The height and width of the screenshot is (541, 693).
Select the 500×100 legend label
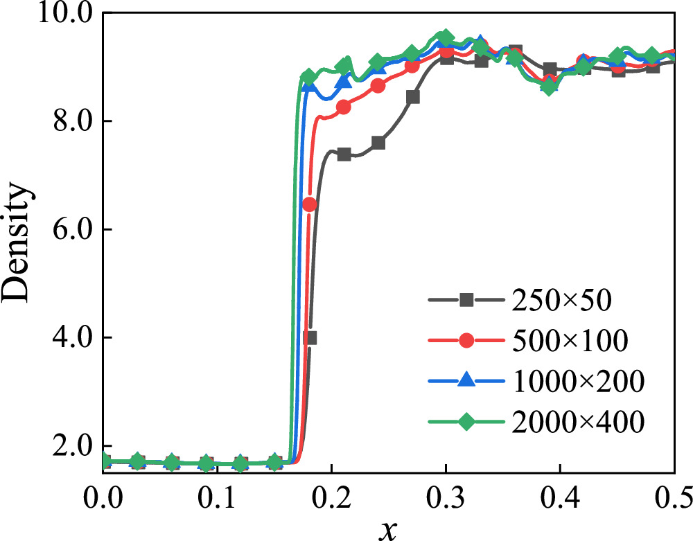[x=569, y=340]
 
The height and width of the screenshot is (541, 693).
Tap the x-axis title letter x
[x=388, y=528]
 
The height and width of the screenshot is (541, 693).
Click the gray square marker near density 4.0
[x=310, y=338]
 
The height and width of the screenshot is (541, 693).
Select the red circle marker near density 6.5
[x=309, y=204]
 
